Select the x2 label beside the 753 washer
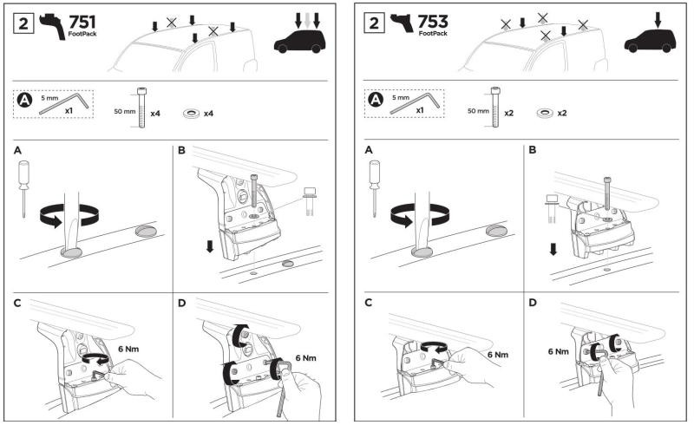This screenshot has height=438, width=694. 561,113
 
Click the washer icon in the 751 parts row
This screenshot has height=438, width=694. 189,113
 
